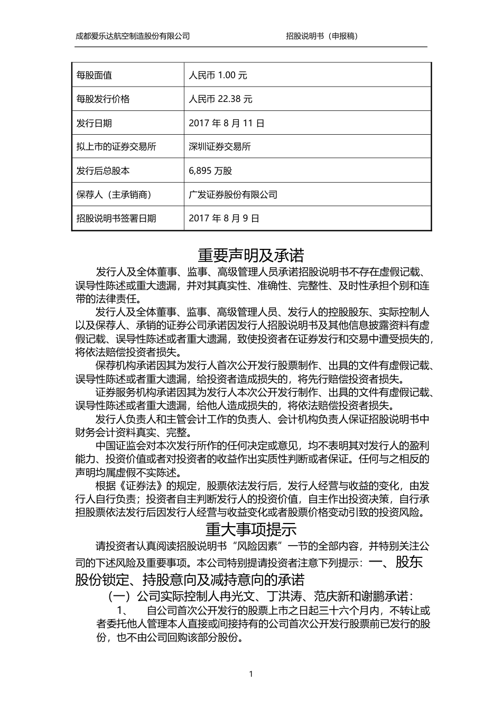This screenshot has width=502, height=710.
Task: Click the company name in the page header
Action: (133, 36)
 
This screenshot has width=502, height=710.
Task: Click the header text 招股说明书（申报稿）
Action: (322, 36)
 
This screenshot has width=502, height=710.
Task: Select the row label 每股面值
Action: (94, 75)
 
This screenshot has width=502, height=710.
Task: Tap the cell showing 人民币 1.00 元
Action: (218, 75)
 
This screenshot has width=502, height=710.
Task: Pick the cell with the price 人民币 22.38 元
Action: (220, 99)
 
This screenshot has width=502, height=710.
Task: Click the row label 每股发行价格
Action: (103, 99)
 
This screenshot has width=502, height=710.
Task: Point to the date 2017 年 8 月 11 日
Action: (226, 123)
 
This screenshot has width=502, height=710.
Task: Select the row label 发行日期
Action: (94, 123)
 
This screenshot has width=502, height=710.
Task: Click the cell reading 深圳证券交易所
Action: (219, 147)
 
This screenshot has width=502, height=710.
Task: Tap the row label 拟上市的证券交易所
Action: (116, 147)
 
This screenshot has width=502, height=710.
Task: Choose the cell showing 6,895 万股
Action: (210, 171)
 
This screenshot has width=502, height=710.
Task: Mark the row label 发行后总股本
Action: (103, 171)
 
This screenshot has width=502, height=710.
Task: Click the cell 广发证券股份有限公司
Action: (233, 194)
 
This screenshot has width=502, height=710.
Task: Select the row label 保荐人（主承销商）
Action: (114, 194)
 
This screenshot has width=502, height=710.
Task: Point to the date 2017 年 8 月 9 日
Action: (224, 218)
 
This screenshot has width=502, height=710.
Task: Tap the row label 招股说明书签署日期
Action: (116, 218)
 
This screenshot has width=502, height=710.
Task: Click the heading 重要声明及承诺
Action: (251, 256)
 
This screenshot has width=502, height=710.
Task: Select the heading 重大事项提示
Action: (251, 529)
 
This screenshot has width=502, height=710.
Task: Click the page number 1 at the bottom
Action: (251, 674)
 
